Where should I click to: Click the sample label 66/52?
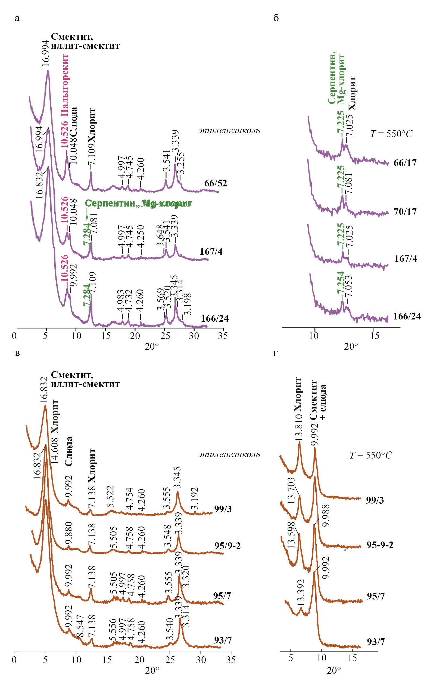pyautogui.click(x=216, y=183)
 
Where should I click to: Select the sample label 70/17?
pyautogui.click(x=405, y=211)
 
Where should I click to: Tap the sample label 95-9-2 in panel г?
pyautogui.click(x=380, y=545)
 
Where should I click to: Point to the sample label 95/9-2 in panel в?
pyautogui.click(x=228, y=546)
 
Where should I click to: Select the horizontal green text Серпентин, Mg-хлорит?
pyautogui.click(x=139, y=204)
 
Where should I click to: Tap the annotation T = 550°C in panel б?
pyautogui.click(x=391, y=134)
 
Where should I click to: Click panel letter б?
pyautogui.click(x=276, y=18)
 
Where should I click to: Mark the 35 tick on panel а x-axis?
pyautogui.click(x=223, y=336)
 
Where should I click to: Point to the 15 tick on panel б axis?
pyautogui.click(x=375, y=336)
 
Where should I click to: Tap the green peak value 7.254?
pyautogui.click(x=340, y=286)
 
